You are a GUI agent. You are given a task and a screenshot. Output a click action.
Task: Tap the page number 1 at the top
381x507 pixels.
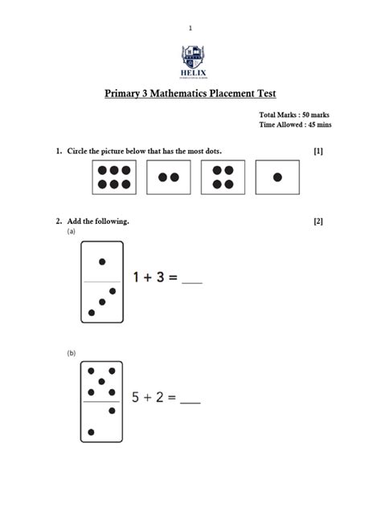(190, 28)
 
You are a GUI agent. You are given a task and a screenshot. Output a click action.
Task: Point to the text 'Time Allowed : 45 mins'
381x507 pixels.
(295, 125)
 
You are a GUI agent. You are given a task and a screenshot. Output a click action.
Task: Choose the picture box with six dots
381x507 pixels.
(115, 177)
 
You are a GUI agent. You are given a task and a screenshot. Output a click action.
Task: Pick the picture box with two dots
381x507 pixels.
(168, 177)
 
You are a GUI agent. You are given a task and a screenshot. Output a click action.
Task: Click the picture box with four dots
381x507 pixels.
(223, 177)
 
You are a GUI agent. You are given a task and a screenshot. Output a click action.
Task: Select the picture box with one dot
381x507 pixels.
(277, 177)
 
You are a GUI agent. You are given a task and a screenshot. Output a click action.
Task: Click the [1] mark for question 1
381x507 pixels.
(318, 151)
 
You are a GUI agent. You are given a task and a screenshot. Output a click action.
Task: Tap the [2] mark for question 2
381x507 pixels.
(318, 221)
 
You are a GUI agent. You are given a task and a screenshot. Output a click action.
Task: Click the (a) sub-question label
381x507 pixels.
(71, 232)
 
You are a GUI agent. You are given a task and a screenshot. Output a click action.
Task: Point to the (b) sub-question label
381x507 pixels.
(71, 352)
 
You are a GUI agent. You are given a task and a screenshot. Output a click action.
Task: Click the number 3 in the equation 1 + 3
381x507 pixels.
(161, 278)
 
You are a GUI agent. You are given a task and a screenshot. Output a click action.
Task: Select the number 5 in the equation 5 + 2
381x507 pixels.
(137, 396)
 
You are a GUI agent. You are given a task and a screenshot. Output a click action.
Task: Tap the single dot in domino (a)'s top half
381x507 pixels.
(102, 262)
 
